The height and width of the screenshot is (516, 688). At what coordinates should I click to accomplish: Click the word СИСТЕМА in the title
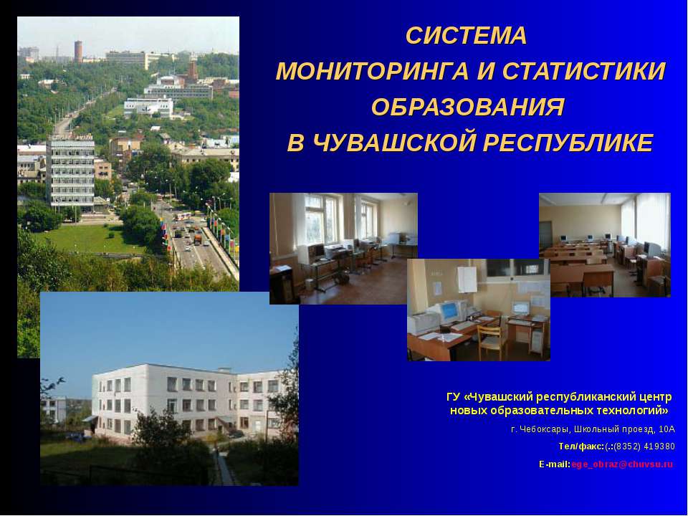[x=466, y=36]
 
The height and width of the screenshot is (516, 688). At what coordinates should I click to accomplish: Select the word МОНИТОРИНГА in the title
[x=372, y=71]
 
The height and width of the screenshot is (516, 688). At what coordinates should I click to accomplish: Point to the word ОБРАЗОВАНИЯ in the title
[x=468, y=107]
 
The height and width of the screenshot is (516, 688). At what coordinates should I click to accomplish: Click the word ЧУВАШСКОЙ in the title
[x=395, y=143]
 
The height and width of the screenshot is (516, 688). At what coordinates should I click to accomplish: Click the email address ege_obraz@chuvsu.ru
[x=622, y=464]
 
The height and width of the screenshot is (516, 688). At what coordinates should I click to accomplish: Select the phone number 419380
[x=659, y=446]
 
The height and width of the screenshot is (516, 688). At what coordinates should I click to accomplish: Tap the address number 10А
[x=667, y=429]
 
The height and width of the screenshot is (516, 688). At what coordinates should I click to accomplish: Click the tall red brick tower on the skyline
[x=78, y=52]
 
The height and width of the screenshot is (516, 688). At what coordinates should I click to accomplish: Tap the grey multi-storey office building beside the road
[x=70, y=172]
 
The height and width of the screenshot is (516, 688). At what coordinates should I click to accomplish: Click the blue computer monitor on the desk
[x=449, y=311]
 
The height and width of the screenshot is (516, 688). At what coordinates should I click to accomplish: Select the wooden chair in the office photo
[x=492, y=338]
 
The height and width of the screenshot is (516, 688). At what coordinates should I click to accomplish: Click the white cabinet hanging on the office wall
[x=467, y=279]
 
